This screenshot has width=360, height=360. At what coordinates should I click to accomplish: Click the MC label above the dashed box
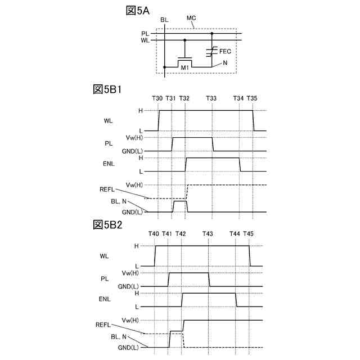coord(191,19)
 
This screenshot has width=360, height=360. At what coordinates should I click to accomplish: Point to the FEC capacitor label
coord(226,51)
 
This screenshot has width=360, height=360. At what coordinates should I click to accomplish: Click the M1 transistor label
coord(185,68)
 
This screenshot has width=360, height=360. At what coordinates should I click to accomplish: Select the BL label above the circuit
coord(164,20)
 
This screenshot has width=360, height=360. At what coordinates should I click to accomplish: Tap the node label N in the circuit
coord(225,63)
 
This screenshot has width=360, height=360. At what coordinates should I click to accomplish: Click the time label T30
coord(157,99)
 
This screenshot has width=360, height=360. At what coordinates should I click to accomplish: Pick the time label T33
coord(211,99)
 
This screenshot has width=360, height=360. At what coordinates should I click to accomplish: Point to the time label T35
coord(252,99)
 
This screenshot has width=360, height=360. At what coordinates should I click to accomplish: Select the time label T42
coord(181,234)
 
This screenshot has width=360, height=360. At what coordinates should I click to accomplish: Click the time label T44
coord(235,234)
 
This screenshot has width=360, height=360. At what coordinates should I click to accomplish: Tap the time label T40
coord(154,234)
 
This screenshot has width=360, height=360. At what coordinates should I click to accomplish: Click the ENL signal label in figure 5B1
coord(110,165)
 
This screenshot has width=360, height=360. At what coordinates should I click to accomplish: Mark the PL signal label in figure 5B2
coord(105,278)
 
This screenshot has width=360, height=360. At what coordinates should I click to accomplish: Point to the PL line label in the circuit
coord(145,34)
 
